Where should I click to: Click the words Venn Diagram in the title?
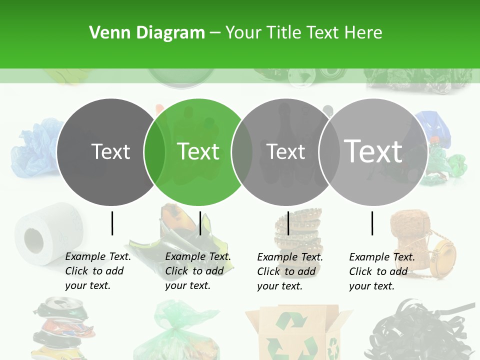(147, 33)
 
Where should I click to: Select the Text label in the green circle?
(198, 151)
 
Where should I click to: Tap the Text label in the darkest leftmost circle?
(110, 151)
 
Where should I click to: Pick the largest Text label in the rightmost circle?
(373, 150)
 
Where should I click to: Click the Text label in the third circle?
(286, 151)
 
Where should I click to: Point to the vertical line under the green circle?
(200, 223)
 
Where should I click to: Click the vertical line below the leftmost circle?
(112, 223)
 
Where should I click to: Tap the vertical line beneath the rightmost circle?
(372, 223)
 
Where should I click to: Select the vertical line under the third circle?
(288, 223)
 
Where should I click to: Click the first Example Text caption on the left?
(97, 271)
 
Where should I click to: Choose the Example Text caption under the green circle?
(197, 271)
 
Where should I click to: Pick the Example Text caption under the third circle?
(289, 271)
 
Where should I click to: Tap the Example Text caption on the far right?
(381, 271)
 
